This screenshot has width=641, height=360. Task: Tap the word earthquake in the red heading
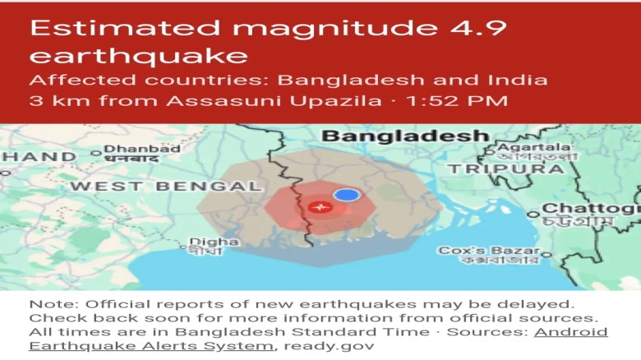(138, 55)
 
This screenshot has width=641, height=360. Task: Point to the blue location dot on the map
(347, 195)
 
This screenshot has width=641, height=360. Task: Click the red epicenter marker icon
(321, 206)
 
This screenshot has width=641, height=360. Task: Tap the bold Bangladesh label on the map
(405, 136)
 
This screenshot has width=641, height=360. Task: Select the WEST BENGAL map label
(165, 186)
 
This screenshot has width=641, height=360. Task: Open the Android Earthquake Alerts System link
(319, 339)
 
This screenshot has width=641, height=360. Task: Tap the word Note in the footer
(48, 303)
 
